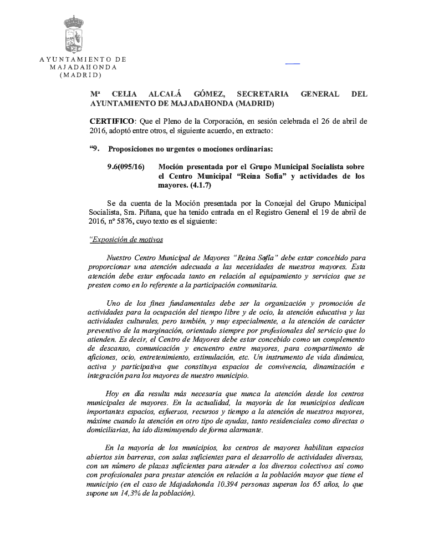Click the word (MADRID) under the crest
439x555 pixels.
[x=81, y=74]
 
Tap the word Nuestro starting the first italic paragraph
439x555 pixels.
[x=120, y=258]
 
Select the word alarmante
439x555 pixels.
[x=245, y=431]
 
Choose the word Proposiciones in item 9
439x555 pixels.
[x=135, y=149]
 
